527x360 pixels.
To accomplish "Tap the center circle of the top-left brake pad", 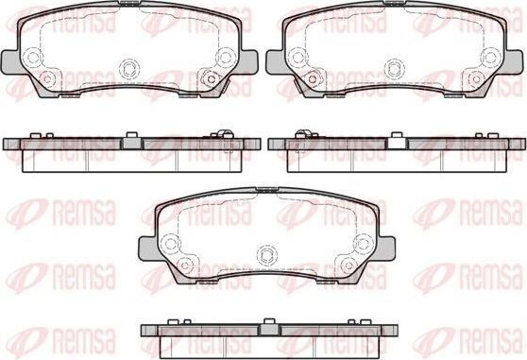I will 129,67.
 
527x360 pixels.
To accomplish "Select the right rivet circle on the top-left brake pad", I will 226,57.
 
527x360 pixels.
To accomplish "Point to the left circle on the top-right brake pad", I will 296,57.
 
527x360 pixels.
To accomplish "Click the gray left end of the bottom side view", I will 147,330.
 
